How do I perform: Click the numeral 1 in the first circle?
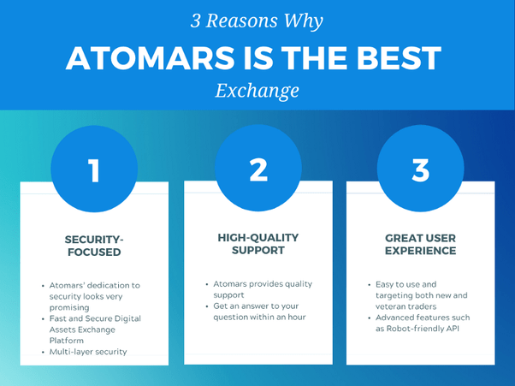coord(95,170)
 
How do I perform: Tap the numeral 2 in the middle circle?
coord(258,169)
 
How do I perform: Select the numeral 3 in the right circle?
coord(421,170)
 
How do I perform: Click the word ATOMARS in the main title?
coord(151,58)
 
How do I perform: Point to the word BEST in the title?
coord(399,58)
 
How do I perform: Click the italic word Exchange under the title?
coord(257,91)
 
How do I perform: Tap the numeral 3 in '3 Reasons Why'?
coord(195,21)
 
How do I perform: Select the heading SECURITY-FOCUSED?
coord(94,246)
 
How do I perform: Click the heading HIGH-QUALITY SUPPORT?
coord(258,244)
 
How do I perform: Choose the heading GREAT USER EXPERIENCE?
coord(420,245)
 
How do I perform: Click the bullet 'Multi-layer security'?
coord(88,352)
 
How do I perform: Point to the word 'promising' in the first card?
coord(69,308)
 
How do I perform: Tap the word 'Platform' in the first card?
coord(67,341)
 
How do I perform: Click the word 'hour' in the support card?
coord(297,317)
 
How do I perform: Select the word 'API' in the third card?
coord(453,329)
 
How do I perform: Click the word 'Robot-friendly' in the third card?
coord(415,329)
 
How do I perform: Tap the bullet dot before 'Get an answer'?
coord(207,306)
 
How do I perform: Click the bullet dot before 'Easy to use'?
coord(370,285)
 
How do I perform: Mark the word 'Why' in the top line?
coord(304,22)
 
